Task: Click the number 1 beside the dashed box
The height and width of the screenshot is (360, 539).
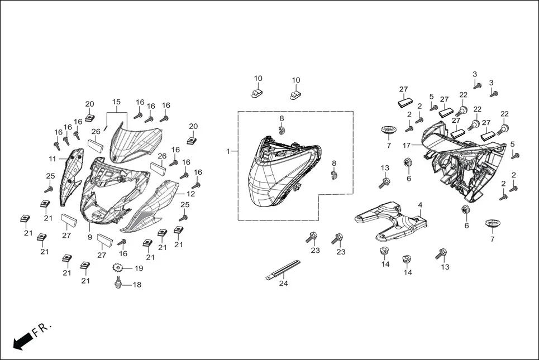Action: click(x=228, y=152)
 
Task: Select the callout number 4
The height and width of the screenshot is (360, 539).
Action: click(x=420, y=205)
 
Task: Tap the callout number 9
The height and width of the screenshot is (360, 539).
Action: click(x=89, y=237)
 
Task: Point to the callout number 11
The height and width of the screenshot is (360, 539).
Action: click(x=52, y=159)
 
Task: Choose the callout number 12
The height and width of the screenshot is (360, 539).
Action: click(x=190, y=194)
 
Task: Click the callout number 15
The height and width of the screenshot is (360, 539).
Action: click(x=116, y=102)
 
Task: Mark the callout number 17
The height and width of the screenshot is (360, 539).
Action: click(x=407, y=145)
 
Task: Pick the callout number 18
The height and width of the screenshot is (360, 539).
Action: click(x=137, y=285)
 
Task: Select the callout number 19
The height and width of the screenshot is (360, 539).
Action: click(x=138, y=268)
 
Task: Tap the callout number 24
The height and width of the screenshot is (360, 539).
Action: click(x=284, y=284)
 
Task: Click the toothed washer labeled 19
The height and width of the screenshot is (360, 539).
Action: click(x=118, y=268)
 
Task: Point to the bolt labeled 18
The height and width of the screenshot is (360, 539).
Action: click(x=118, y=285)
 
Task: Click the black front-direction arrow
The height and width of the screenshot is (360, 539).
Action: click(x=21, y=340)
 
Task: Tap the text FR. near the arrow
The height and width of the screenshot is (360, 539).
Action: click(x=42, y=329)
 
